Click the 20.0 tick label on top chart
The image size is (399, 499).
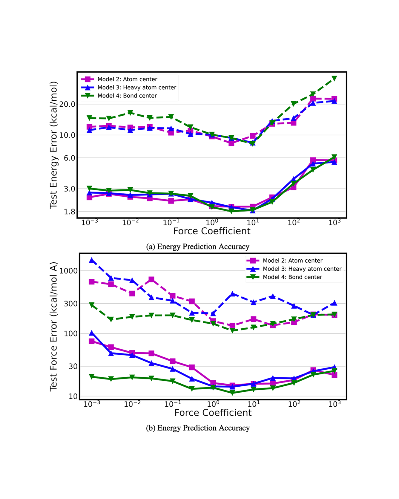click(67, 104)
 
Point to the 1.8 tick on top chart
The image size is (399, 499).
click(69, 212)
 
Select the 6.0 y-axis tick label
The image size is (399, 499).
click(69, 158)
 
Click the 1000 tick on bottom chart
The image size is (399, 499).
click(68, 271)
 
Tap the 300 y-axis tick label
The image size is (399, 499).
click(71, 304)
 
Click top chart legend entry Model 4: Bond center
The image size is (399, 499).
click(127, 96)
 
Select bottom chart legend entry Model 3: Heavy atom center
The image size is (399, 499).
click(302, 269)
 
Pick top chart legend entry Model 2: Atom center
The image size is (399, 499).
click(127, 79)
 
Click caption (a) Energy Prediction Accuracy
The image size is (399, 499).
click(198, 247)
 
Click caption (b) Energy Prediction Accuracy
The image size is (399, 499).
click(198, 428)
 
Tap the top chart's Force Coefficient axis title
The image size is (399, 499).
click(212, 231)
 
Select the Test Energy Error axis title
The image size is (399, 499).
click(53, 145)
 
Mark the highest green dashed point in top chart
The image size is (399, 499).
click(334, 78)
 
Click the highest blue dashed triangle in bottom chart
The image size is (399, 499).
click(92, 260)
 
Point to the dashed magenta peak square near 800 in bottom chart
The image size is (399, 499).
click(151, 279)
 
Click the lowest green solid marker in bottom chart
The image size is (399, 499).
click(232, 393)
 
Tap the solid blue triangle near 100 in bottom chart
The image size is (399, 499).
click(92, 333)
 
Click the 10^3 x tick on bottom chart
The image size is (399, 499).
click(334, 404)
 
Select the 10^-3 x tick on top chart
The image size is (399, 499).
click(90, 223)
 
